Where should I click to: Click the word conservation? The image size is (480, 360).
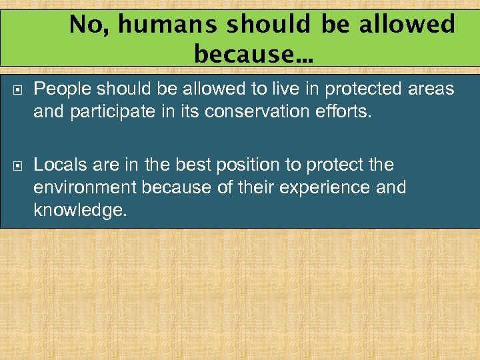click(x=250, y=111)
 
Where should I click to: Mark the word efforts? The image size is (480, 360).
click(x=340, y=111)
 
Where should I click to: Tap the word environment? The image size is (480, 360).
click(x=86, y=187)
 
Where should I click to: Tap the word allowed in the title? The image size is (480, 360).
click(x=409, y=25)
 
